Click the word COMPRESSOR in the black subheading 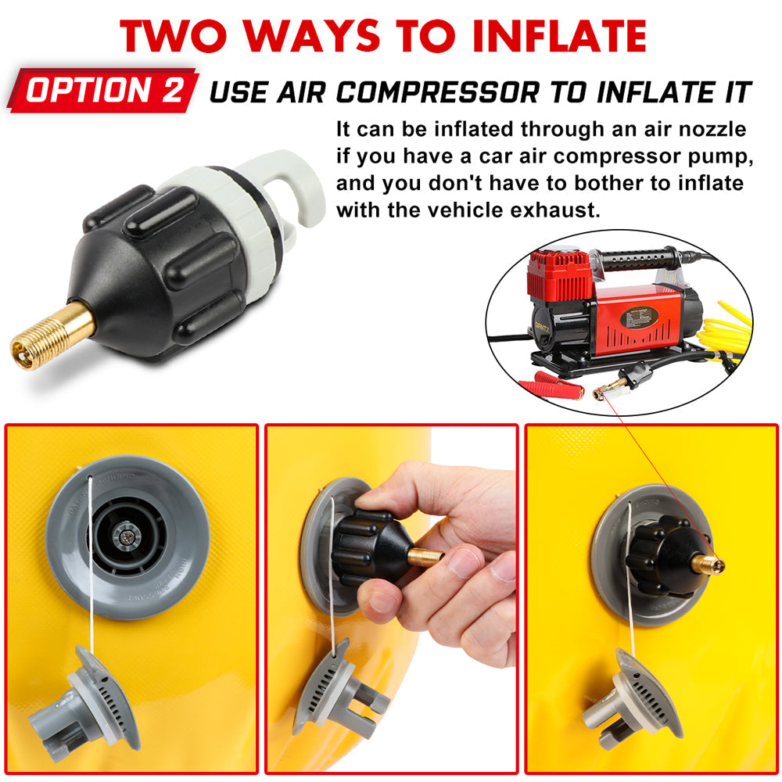[437, 93]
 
